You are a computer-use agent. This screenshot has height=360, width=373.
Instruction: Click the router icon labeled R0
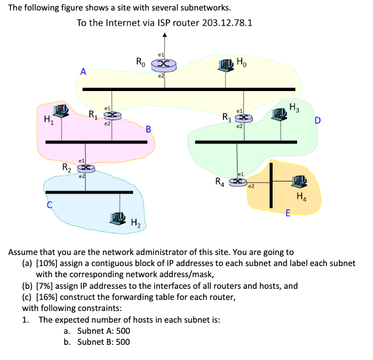[x=165, y=64]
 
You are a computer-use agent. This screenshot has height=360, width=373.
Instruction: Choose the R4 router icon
[x=237, y=182]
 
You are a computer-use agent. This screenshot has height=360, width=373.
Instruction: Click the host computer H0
[x=226, y=64]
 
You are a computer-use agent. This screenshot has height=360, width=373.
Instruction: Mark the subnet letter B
[x=148, y=129]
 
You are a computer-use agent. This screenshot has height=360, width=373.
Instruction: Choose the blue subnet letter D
[x=317, y=121]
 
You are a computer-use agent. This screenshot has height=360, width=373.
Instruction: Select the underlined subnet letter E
[x=288, y=212]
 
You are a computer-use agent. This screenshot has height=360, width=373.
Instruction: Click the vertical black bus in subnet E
[x=270, y=184]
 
